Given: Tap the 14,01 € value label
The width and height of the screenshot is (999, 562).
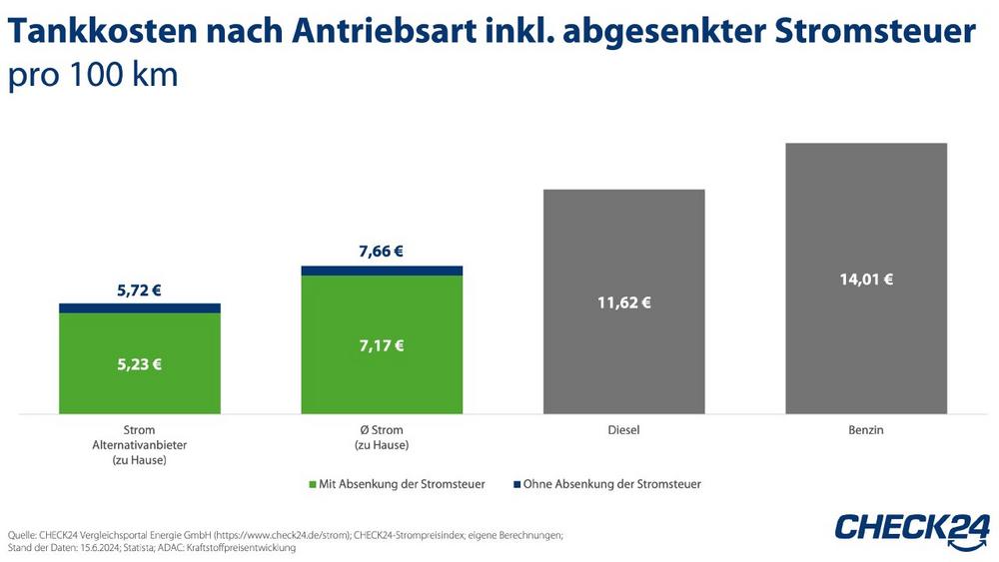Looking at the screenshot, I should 866,280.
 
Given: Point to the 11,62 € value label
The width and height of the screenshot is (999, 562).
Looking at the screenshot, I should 623,302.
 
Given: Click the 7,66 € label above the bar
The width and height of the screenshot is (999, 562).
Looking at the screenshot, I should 381,252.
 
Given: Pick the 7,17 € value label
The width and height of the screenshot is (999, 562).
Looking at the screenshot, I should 381,346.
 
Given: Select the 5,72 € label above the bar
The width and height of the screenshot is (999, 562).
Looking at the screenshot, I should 139,290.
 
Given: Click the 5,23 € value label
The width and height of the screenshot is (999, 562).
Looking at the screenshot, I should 139,364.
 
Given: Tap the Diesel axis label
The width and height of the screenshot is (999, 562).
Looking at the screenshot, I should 623,430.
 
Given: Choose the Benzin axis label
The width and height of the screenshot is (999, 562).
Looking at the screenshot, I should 866,430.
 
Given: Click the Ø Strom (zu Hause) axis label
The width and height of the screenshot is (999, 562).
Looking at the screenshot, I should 381,437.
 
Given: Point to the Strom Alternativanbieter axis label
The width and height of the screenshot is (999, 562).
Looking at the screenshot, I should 139,445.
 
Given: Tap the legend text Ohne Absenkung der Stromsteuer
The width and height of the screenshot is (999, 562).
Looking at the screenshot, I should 612,484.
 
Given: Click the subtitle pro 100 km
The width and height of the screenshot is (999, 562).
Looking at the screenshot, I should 93,76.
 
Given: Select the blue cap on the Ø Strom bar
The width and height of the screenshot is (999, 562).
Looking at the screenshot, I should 381,271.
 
